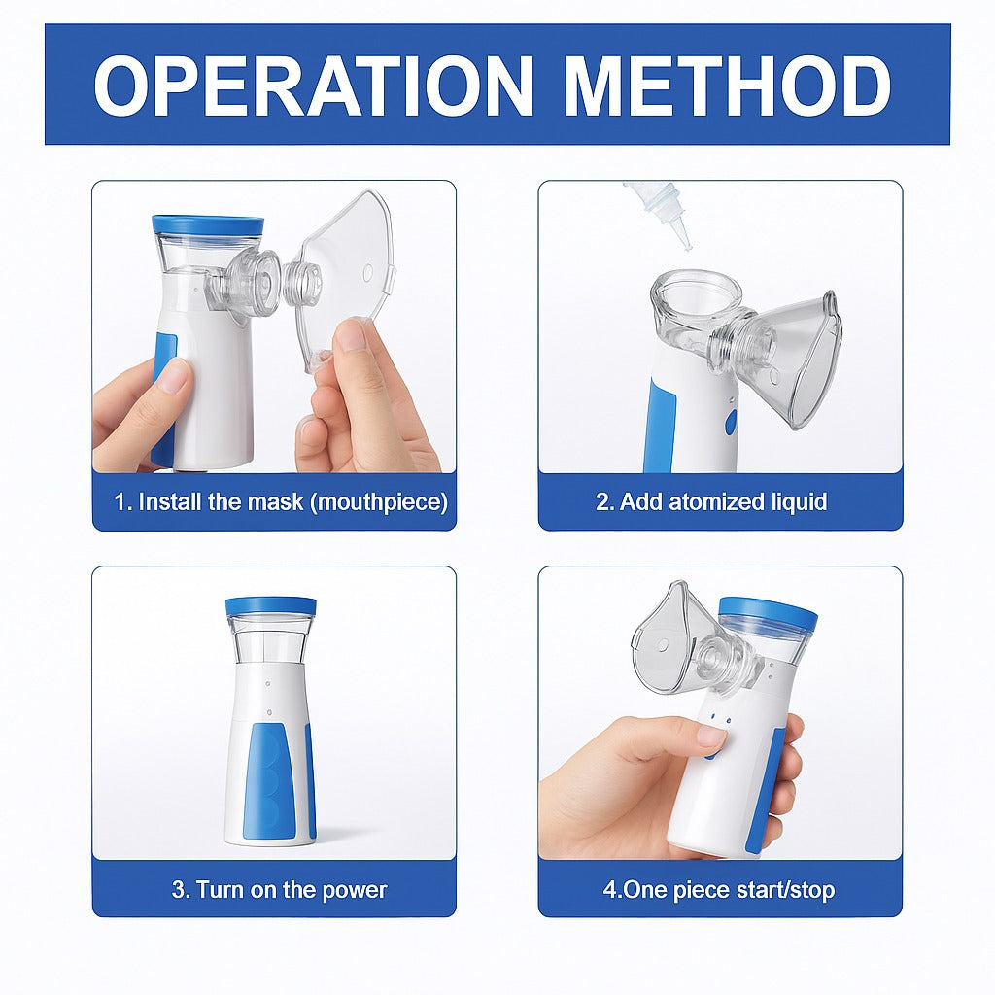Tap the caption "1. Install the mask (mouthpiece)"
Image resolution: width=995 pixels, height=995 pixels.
click(x=281, y=502)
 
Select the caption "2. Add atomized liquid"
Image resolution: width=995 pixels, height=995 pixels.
click(x=710, y=502)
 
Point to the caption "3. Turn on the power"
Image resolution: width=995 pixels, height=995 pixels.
click(x=279, y=889)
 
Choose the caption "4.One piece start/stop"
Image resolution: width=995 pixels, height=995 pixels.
click(x=718, y=889)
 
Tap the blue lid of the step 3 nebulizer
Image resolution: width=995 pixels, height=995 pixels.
click(x=270, y=606)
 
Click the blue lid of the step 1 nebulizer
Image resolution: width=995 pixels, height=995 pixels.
click(x=207, y=224)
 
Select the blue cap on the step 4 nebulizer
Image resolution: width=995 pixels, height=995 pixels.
click(x=768, y=613)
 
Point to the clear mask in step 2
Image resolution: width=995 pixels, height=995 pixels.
click(x=792, y=360)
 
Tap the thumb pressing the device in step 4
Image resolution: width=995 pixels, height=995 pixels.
click(x=704, y=737)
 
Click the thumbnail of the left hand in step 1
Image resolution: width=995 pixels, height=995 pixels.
click(x=174, y=374)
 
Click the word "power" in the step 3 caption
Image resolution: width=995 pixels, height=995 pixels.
click(x=356, y=889)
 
